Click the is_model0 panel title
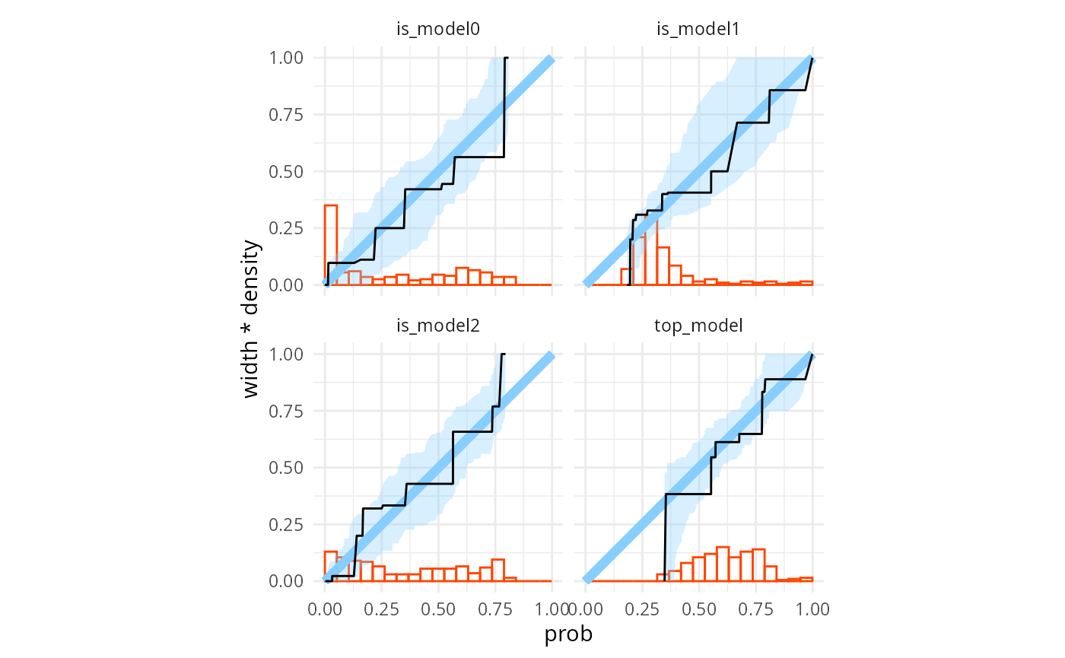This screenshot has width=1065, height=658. (438, 30)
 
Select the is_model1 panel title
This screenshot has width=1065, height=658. (698, 30)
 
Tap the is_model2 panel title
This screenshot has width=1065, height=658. (438, 326)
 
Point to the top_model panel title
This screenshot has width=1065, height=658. (698, 326)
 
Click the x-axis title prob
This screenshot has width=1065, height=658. (568, 634)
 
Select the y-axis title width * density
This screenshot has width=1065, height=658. (252, 319)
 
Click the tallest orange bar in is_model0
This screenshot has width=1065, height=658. (330, 243)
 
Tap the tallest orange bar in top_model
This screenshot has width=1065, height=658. (723, 564)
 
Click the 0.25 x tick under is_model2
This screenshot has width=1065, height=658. (382, 609)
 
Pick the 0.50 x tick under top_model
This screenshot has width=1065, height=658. (699, 609)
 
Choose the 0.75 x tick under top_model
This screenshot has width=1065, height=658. (756, 609)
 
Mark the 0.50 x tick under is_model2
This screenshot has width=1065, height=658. (438, 609)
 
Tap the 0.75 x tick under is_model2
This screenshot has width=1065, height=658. (495, 609)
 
